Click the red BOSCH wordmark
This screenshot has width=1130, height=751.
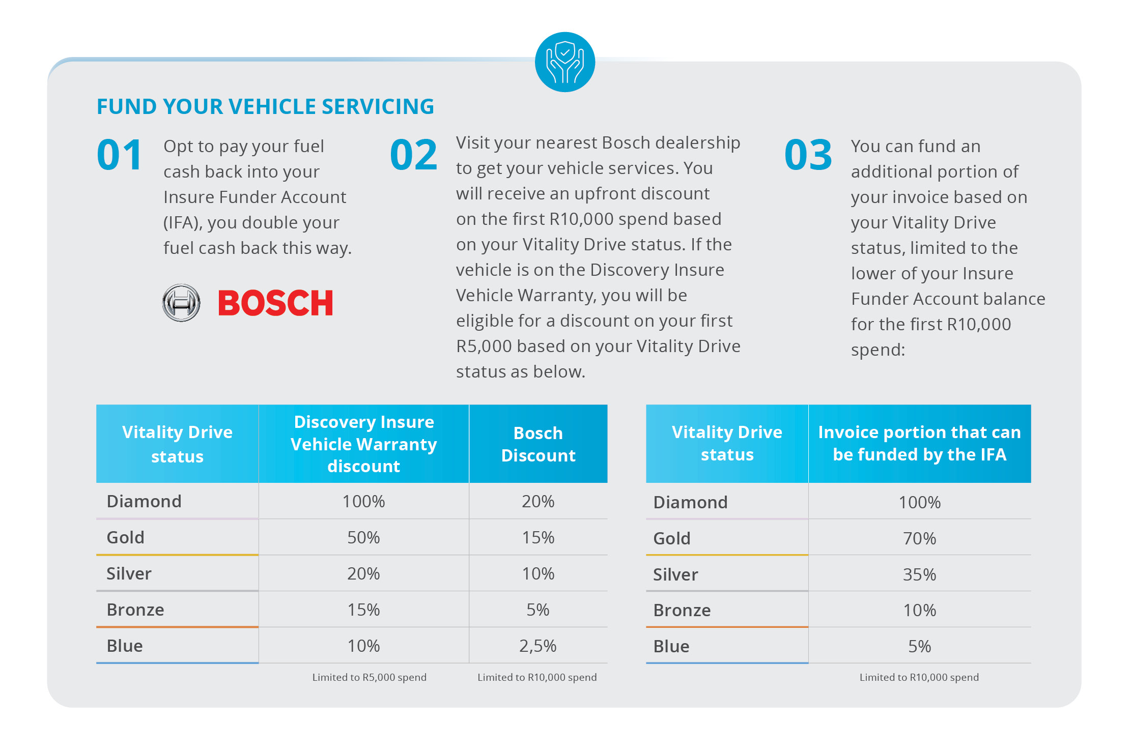click(x=275, y=303)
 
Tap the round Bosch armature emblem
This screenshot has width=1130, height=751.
click(x=181, y=303)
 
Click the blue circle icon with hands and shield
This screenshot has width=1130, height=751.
click(x=565, y=62)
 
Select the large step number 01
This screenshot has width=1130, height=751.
click(x=120, y=155)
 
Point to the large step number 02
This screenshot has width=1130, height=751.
click(x=413, y=155)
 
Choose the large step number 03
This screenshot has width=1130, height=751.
click(x=808, y=155)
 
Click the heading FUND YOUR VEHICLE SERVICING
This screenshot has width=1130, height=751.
click(x=265, y=106)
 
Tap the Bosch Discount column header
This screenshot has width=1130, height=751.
click(x=538, y=444)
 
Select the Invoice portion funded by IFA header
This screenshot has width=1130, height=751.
click(x=919, y=443)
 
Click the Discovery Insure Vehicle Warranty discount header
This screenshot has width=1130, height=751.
click(x=363, y=444)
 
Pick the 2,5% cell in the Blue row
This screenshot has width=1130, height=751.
click(x=538, y=646)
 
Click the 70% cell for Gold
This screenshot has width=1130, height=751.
click(x=919, y=538)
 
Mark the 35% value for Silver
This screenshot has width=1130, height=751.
click(x=919, y=574)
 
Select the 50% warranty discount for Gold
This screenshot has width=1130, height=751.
click(x=363, y=537)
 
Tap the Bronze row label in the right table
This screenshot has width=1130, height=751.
click(x=682, y=610)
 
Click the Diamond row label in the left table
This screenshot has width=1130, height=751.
click(x=144, y=501)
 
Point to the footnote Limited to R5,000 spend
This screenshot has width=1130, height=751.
click(x=369, y=677)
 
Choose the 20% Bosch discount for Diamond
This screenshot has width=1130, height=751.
click(x=538, y=501)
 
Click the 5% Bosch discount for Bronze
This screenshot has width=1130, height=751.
click(x=538, y=610)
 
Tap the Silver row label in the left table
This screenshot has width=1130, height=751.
click(x=129, y=573)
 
